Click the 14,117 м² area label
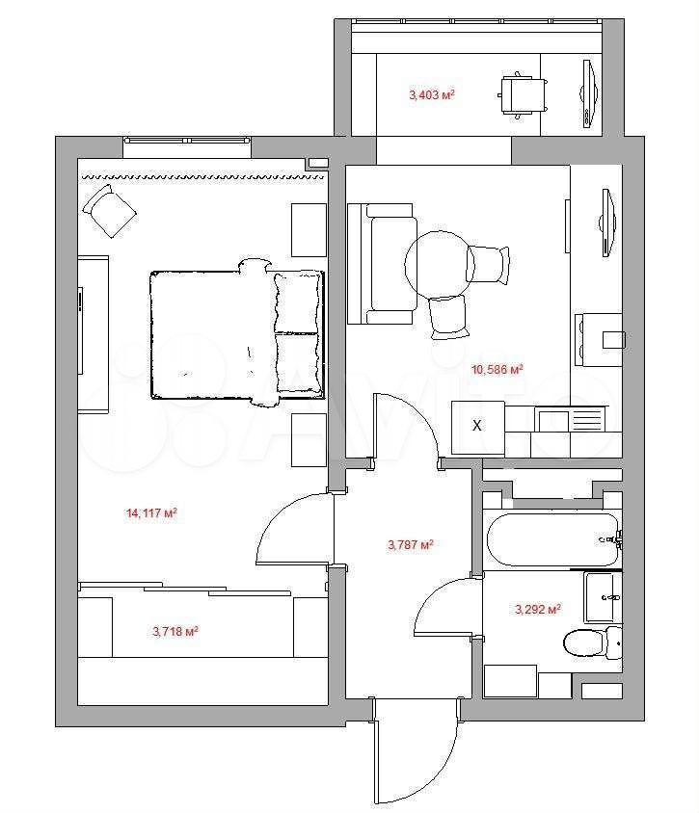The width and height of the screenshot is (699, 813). coord(151,513)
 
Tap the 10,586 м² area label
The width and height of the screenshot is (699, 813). coord(497,370)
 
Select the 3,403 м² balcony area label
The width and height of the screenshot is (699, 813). coord(432,95)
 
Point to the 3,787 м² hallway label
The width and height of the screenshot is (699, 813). coord(411,545)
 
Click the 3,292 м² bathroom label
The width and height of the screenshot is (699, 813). coord(538,609)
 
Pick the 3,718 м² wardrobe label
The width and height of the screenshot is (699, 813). coord(175,632)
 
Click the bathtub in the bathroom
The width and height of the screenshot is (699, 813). coord(552,539)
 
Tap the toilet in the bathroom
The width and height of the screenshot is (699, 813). coord(592,643)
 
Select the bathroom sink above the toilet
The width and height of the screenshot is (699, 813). coord(603,597)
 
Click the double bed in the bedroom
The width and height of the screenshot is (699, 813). coord(237,333)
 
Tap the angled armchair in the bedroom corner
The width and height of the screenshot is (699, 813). coord(110,211)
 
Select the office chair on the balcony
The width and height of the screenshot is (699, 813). coord(523,95)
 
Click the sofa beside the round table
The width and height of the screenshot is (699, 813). coord(382,264)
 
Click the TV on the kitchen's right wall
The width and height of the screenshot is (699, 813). coord(608,223)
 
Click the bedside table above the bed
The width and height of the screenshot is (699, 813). coord(309,229)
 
